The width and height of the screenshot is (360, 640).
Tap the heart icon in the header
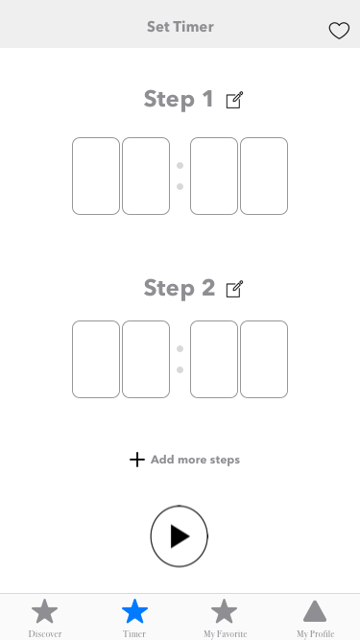[339, 31]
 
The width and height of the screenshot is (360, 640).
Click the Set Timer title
[180, 27]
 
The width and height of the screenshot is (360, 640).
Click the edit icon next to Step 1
[234, 100]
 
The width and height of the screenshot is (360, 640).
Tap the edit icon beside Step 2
[234, 289]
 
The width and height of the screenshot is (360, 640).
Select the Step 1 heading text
[179, 99]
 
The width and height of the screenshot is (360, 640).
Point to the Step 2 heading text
[180, 288]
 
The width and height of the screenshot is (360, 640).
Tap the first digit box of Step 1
[96, 176]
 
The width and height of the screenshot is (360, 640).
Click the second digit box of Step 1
[146, 176]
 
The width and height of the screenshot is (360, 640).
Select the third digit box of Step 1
[214, 176]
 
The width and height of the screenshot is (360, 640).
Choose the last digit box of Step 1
[264, 176]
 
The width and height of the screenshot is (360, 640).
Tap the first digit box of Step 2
[96, 359]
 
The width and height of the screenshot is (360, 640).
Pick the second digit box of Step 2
[146, 359]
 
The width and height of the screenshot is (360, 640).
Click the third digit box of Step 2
[214, 359]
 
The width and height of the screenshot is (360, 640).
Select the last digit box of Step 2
[264, 359]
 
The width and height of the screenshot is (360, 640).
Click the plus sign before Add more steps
[137, 460]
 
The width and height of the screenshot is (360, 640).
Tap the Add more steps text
[195, 460]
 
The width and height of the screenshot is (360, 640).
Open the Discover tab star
[44, 611]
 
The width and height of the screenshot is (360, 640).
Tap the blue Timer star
[134, 611]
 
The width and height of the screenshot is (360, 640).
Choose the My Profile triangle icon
[315, 611]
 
